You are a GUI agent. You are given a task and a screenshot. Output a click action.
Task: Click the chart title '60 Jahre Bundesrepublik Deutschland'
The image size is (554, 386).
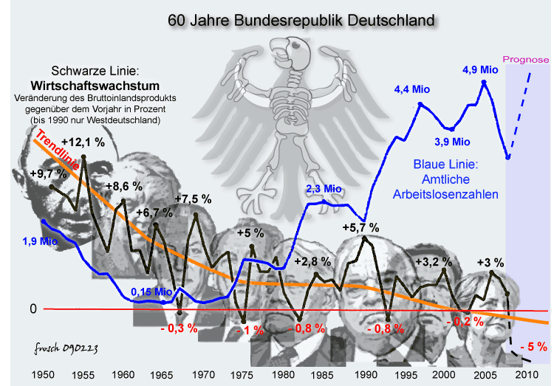(301, 20)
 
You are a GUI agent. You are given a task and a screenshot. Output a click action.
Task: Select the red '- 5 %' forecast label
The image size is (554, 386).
(533, 345)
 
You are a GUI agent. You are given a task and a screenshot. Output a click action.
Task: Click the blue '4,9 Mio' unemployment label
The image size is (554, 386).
(481, 70)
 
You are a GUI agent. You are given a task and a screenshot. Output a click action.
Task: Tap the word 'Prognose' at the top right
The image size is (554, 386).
(525, 60)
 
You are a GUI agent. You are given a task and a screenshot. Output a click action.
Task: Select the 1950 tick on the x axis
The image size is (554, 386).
(44, 375)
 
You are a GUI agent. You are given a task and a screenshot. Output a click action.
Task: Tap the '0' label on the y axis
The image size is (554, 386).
(33, 309)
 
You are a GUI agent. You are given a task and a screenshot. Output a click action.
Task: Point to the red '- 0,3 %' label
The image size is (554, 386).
(179, 328)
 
